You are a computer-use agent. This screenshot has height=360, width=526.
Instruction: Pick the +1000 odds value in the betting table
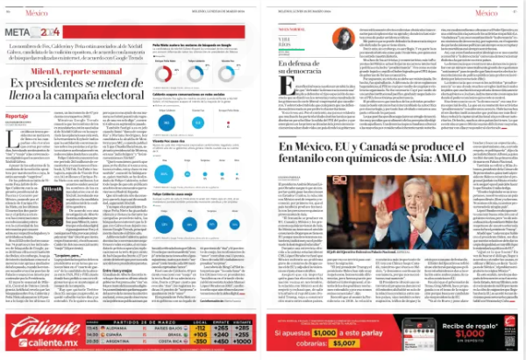click(247, 342)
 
